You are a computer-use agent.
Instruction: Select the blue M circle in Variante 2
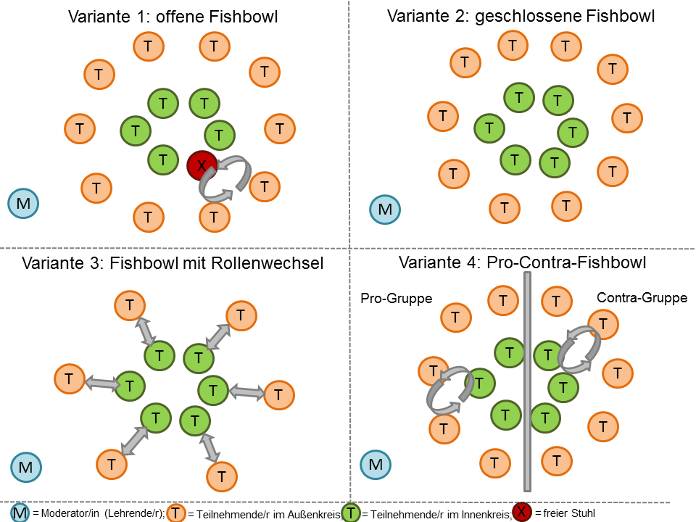[385, 210]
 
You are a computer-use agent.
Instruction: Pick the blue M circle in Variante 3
[26, 467]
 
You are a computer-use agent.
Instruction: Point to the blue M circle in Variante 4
[376, 464]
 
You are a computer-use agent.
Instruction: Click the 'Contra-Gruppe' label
[642, 298]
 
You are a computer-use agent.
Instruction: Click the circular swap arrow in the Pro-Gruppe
[449, 389]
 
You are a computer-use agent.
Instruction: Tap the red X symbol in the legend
[522, 512]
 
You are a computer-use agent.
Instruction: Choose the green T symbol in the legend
[352, 513]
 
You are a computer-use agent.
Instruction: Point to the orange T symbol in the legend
[176, 513]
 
